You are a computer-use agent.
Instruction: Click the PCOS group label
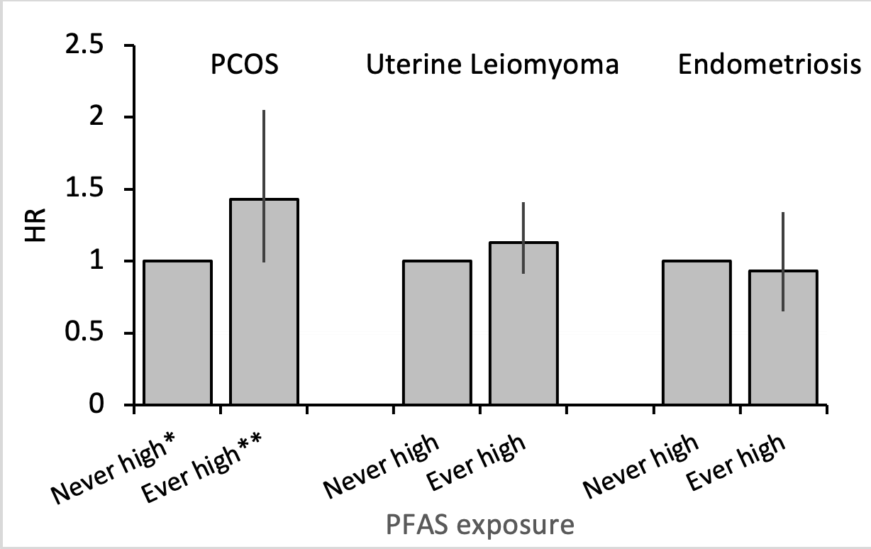243,65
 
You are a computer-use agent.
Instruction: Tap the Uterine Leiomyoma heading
492,65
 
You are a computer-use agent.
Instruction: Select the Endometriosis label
770,65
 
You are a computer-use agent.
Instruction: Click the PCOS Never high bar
178,333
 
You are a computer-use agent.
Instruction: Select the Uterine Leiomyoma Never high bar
437,333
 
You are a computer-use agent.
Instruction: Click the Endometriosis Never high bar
697,333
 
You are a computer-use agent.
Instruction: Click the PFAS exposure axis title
480,526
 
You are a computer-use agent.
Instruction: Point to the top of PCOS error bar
264,111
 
